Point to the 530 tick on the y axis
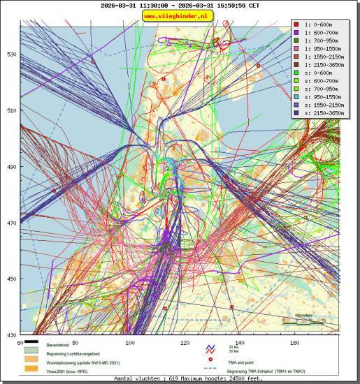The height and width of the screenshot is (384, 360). (10, 54)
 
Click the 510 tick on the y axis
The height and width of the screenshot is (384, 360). (10, 110)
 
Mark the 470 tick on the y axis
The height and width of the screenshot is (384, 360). (10, 223)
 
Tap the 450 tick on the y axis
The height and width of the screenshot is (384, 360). (10, 280)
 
